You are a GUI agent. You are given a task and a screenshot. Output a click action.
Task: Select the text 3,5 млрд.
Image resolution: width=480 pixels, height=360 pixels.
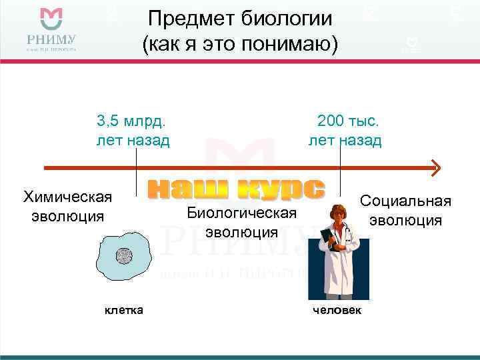131,121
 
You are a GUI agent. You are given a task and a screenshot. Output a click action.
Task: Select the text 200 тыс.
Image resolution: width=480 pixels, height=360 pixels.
347,121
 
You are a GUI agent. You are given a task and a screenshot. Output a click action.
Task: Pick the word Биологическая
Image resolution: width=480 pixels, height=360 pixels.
241,213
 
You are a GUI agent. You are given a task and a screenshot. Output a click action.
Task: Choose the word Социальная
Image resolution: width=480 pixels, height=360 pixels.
405,201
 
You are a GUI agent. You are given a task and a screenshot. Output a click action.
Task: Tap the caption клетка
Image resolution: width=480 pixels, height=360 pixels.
123,310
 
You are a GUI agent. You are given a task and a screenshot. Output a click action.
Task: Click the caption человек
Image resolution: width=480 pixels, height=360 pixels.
337,311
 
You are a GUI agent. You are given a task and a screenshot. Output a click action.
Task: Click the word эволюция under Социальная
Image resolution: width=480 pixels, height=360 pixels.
405,221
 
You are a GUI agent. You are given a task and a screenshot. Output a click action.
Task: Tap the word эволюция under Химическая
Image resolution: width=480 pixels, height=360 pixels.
67,216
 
